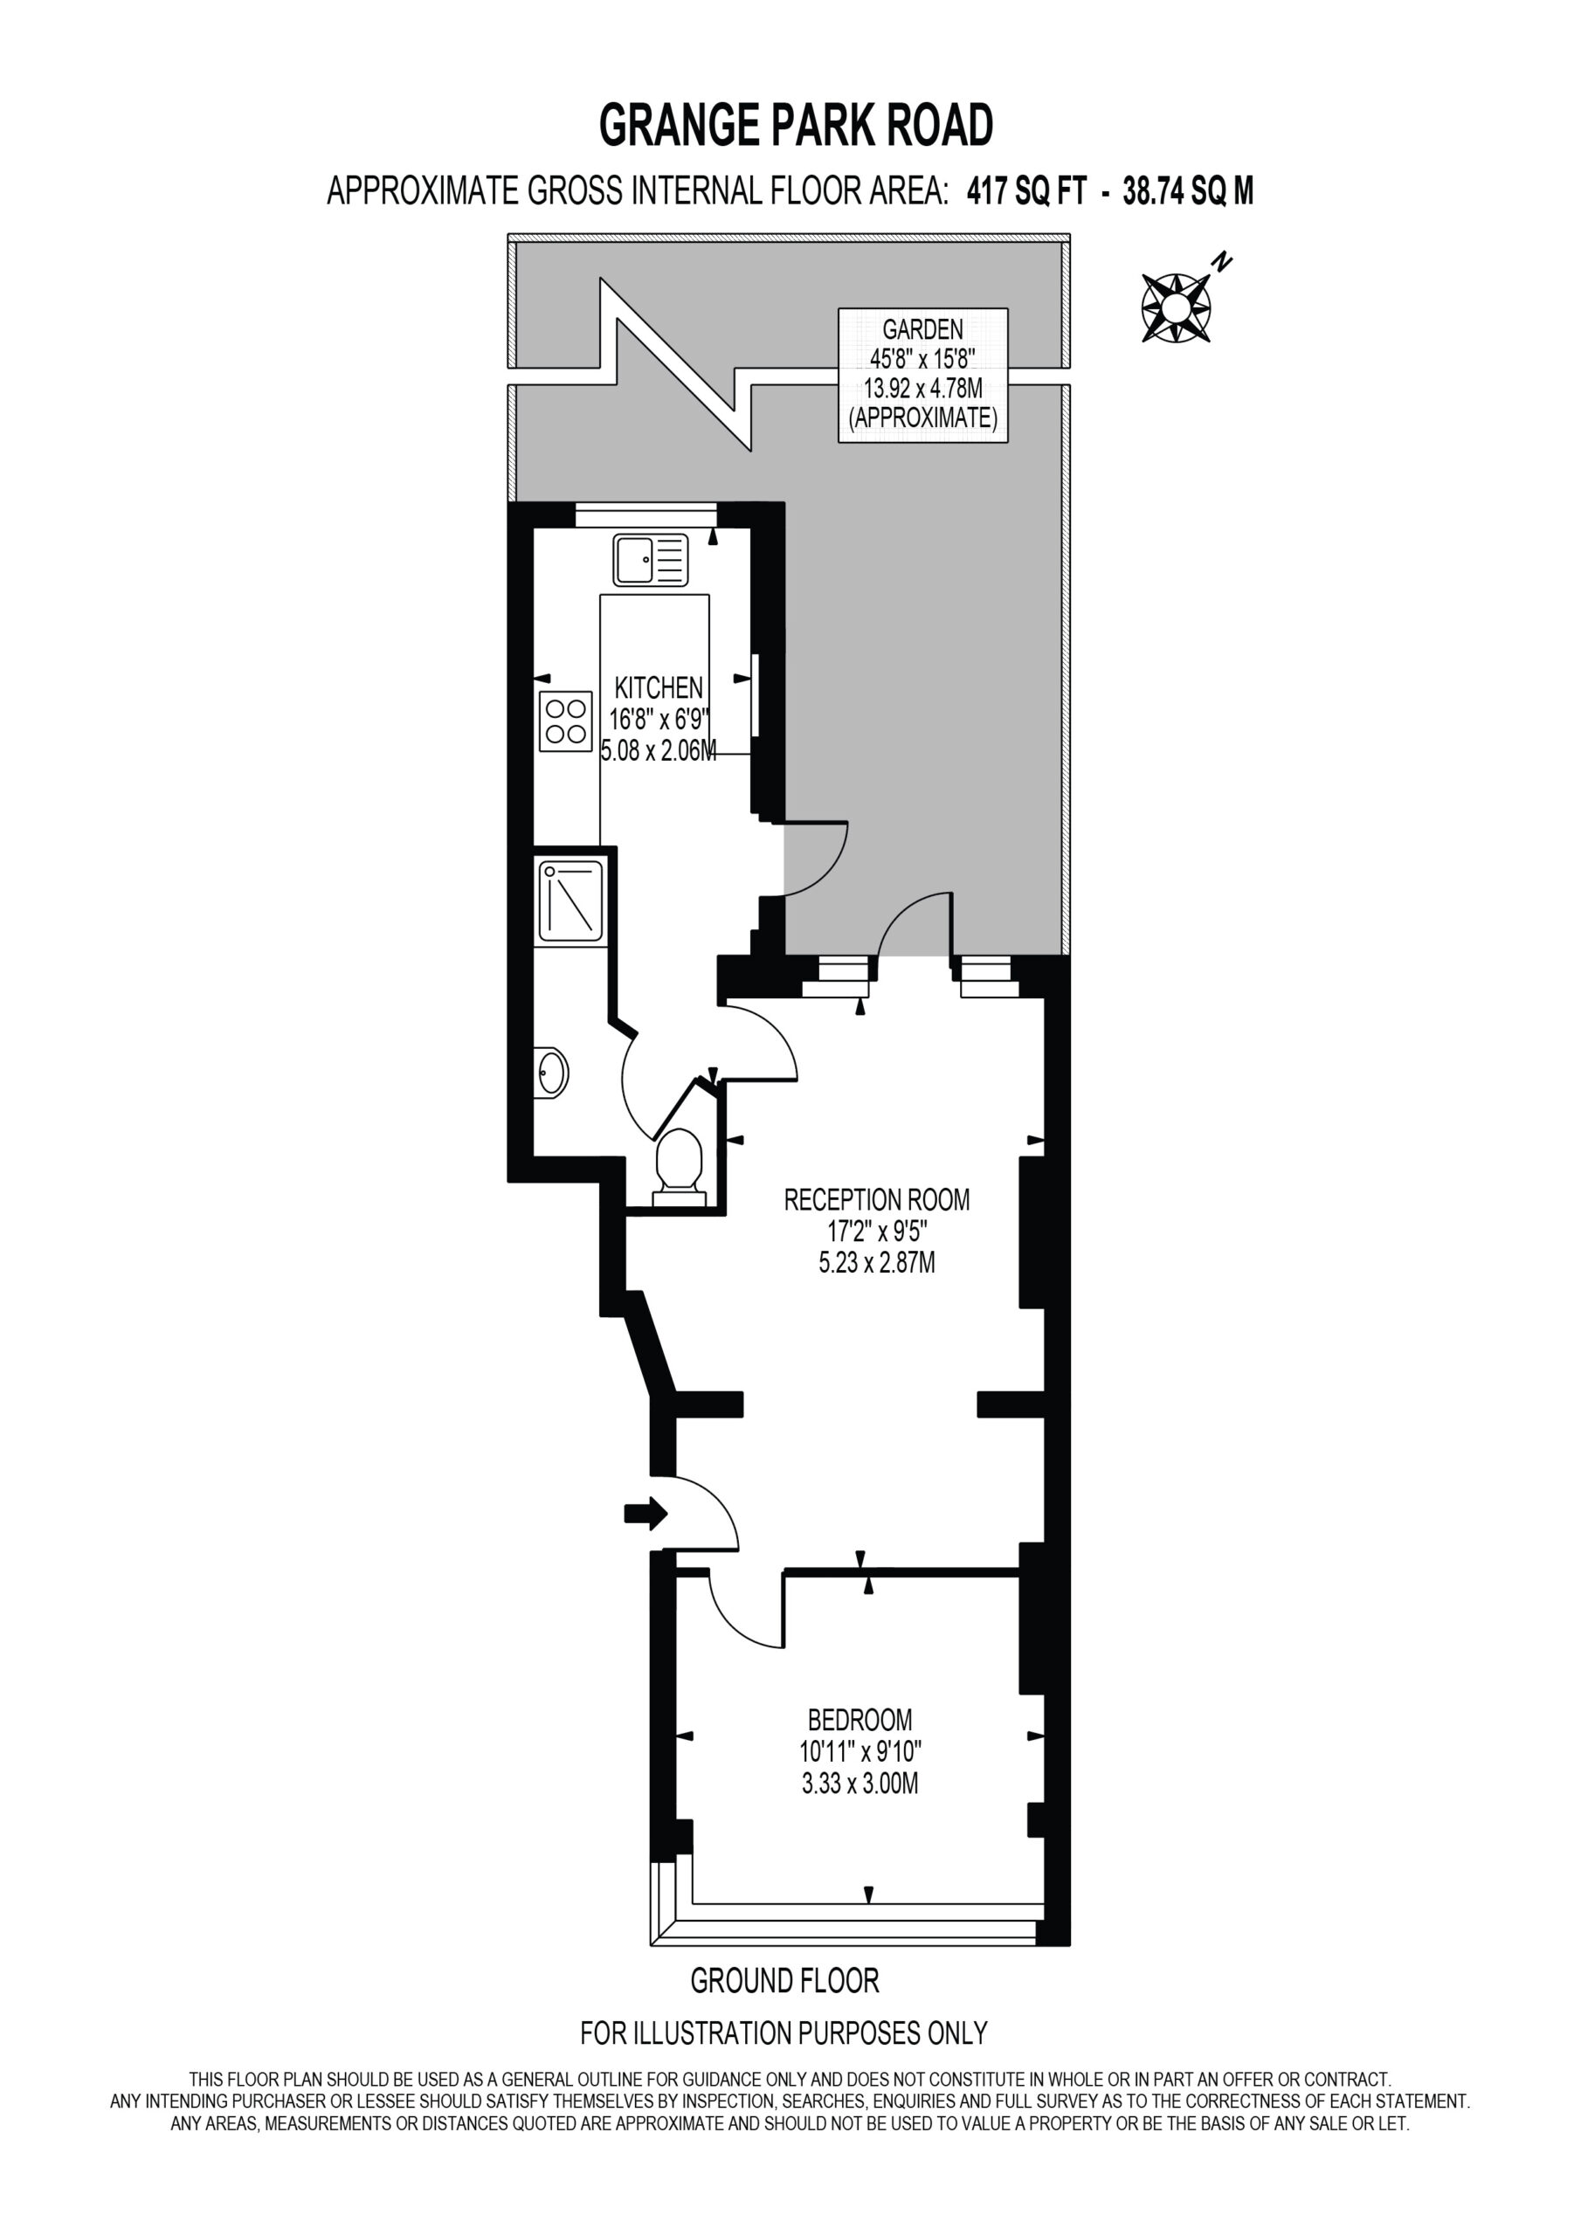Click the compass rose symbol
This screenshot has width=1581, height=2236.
click(x=1176, y=307)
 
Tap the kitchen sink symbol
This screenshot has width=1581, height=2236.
click(x=650, y=559)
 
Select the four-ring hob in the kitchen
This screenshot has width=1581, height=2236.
click(x=565, y=721)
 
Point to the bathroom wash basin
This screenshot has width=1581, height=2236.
click(x=551, y=1073)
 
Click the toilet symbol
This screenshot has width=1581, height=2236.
click(x=679, y=1167)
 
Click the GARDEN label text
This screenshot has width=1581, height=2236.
click(x=922, y=329)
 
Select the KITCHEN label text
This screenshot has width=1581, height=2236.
click(x=659, y=687)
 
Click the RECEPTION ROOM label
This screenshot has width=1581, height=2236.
click(x=877, y=1199)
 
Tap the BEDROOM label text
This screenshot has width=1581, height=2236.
click(x=860, y=1719)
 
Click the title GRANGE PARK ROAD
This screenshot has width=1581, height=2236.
click(x=796, y=125)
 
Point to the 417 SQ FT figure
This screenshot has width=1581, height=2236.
click(x=1025, y=191)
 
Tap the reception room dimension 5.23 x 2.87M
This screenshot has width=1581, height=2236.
click(x=877, y=1263)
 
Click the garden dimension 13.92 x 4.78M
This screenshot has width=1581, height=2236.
click(x=922, y=389)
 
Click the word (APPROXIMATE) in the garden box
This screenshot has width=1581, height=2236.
click(x=922, y=418)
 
